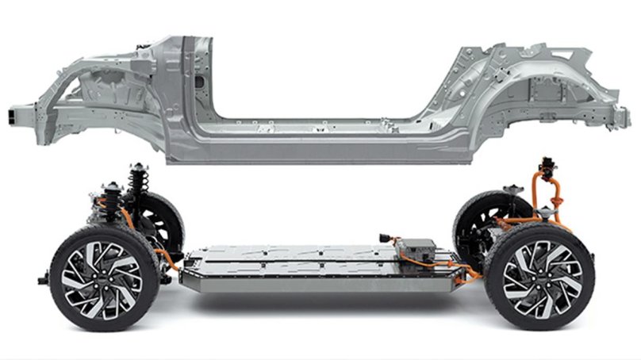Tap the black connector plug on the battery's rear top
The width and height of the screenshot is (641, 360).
pos(386,237)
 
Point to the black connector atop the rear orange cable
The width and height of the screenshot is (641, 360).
pos(547,167)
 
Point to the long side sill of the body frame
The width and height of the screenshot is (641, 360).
pos(317,147)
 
